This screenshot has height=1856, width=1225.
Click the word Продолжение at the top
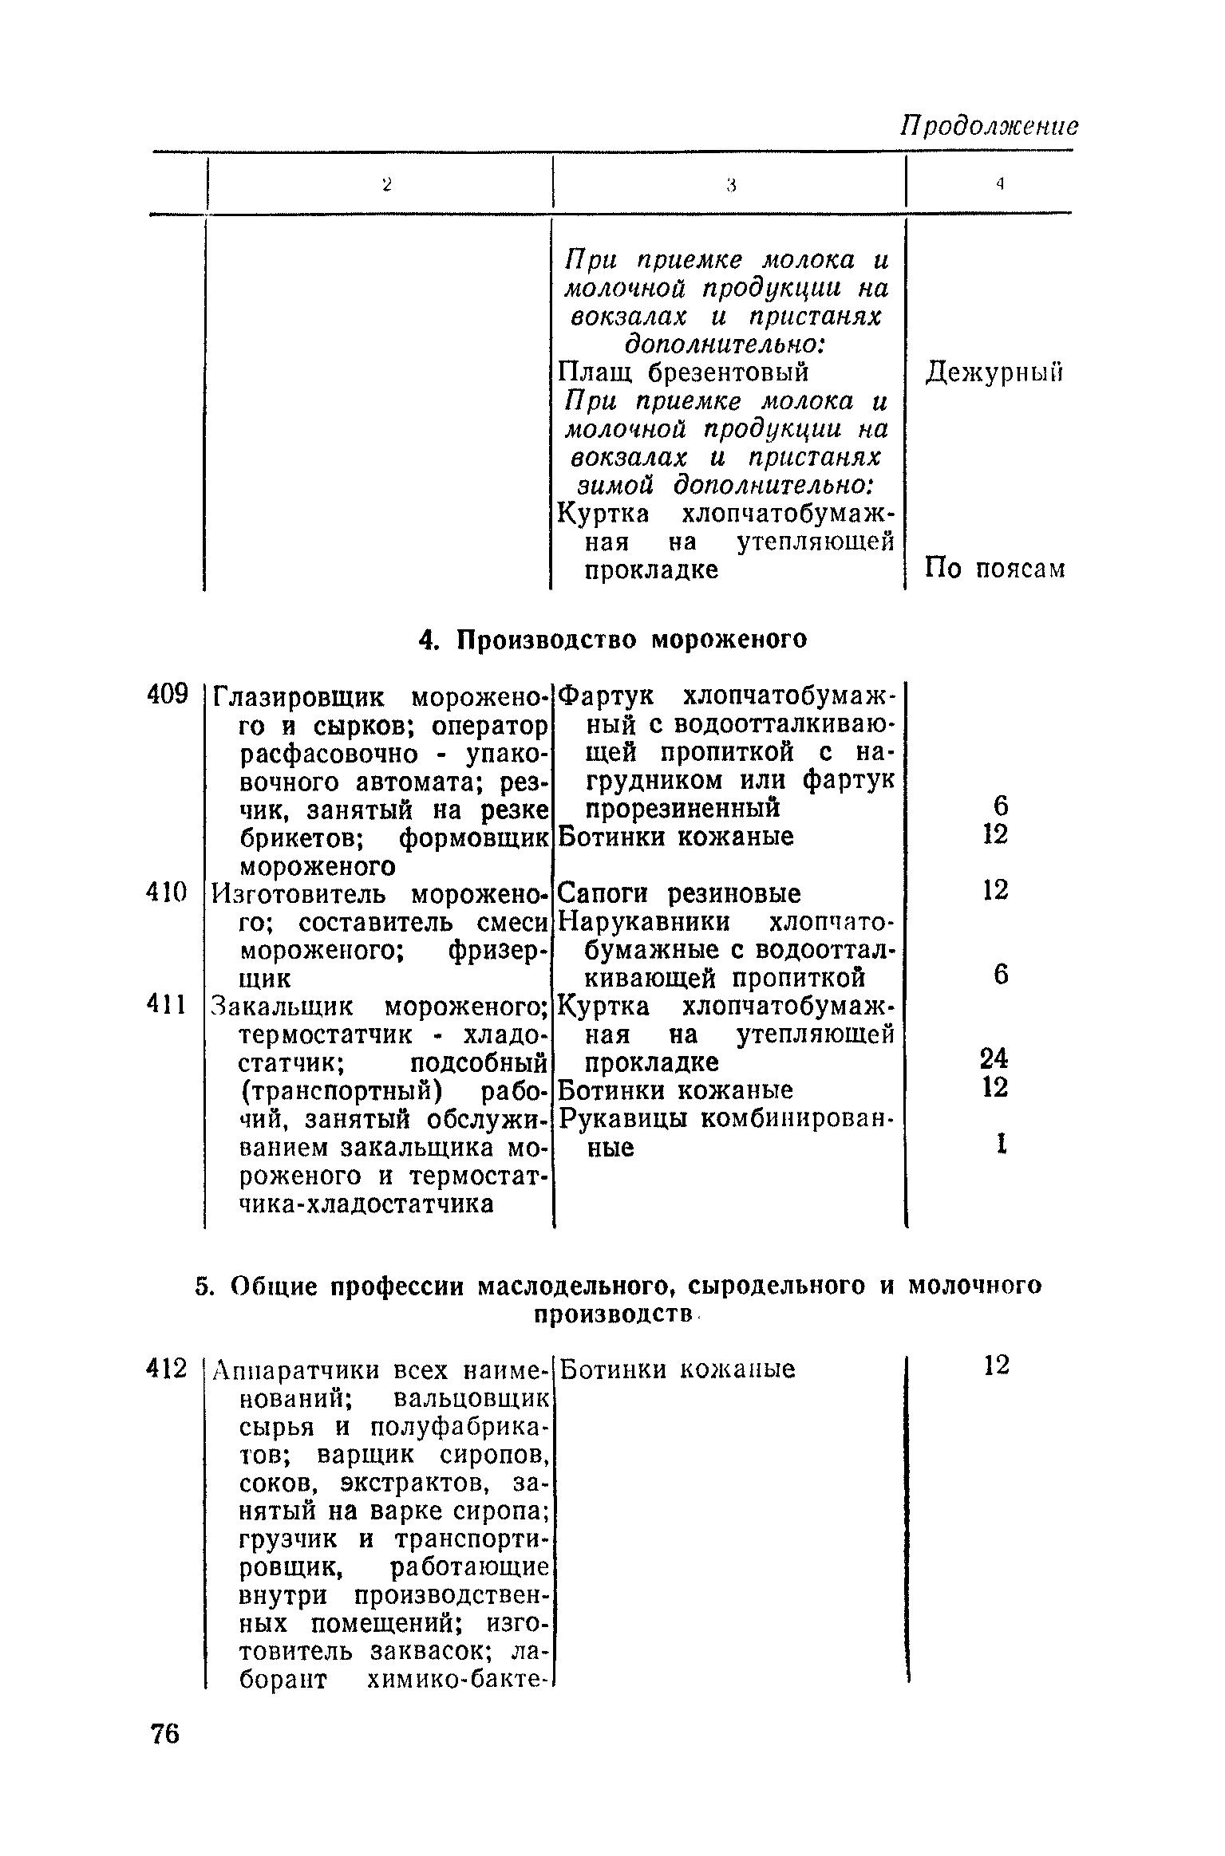989,125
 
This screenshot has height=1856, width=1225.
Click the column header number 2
386,185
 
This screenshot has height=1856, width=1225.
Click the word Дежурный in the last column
994,373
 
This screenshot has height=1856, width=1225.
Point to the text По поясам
994,569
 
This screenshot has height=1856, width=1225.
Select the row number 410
167,892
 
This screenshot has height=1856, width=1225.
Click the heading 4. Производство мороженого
613,640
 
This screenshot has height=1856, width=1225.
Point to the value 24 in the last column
994,1058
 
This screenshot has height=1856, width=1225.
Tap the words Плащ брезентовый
683,372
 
